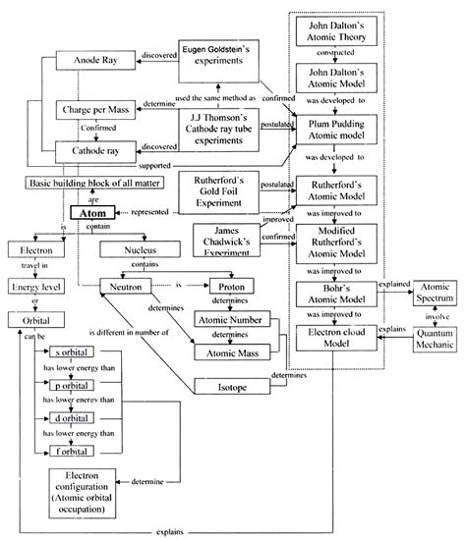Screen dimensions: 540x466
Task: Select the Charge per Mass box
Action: (89, 112)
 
